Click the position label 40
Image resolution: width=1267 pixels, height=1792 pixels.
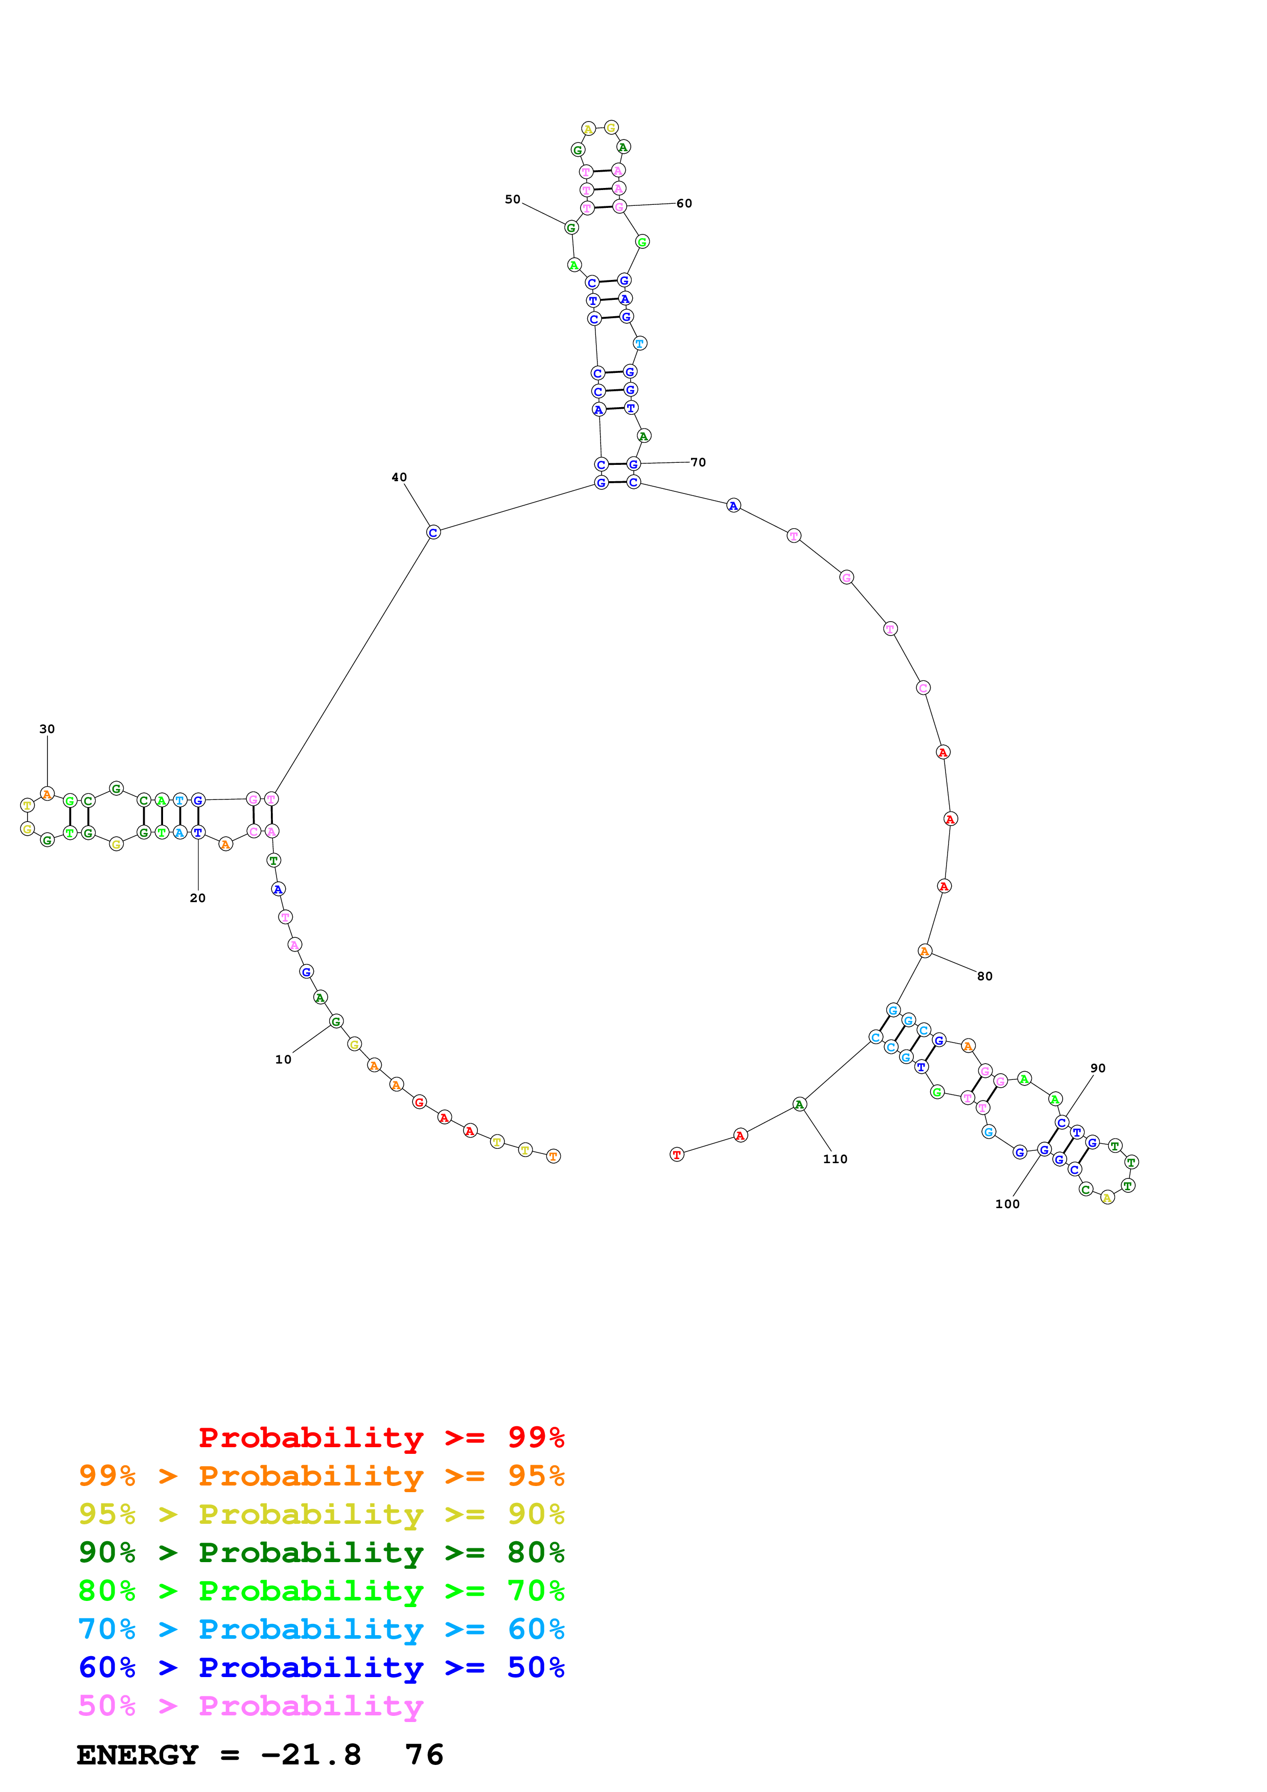pyautogui.click(x=399, y=477)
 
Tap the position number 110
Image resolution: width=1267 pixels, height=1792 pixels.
pyautogui.click(x=835, y=1159)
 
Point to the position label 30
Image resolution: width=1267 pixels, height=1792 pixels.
pyautogui.click(x=47, y=729)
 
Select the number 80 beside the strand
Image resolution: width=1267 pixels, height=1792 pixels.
pyautogui.click(x=984, y=976)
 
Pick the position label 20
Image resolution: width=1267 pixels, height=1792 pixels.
pyautogui.click(x=197, y=899)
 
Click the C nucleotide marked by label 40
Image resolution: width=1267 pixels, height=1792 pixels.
pyautogui.click(x=433, y=532)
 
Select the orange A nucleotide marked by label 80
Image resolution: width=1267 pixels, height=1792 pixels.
pyautogui.click(x=924, y=951)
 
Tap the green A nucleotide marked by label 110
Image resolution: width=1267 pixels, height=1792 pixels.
pyautogui.click(x=799, y=1103)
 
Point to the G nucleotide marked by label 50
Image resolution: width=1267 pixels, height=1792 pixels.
pyautogui.click(x=571, y=228)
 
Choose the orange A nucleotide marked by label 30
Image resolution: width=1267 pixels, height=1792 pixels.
pyautogui.click(x=47, y=794)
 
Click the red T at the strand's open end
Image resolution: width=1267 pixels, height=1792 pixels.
pyautogui.click(x=677, y=1154)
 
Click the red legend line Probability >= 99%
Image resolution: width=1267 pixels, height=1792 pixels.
pyautogui.click(x=381, y=1437)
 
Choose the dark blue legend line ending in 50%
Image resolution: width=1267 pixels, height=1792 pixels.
pyautogui.click(x=321, y=1667)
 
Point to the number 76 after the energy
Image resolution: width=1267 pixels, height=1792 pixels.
pyautogui.click(x=424, y=1755)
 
